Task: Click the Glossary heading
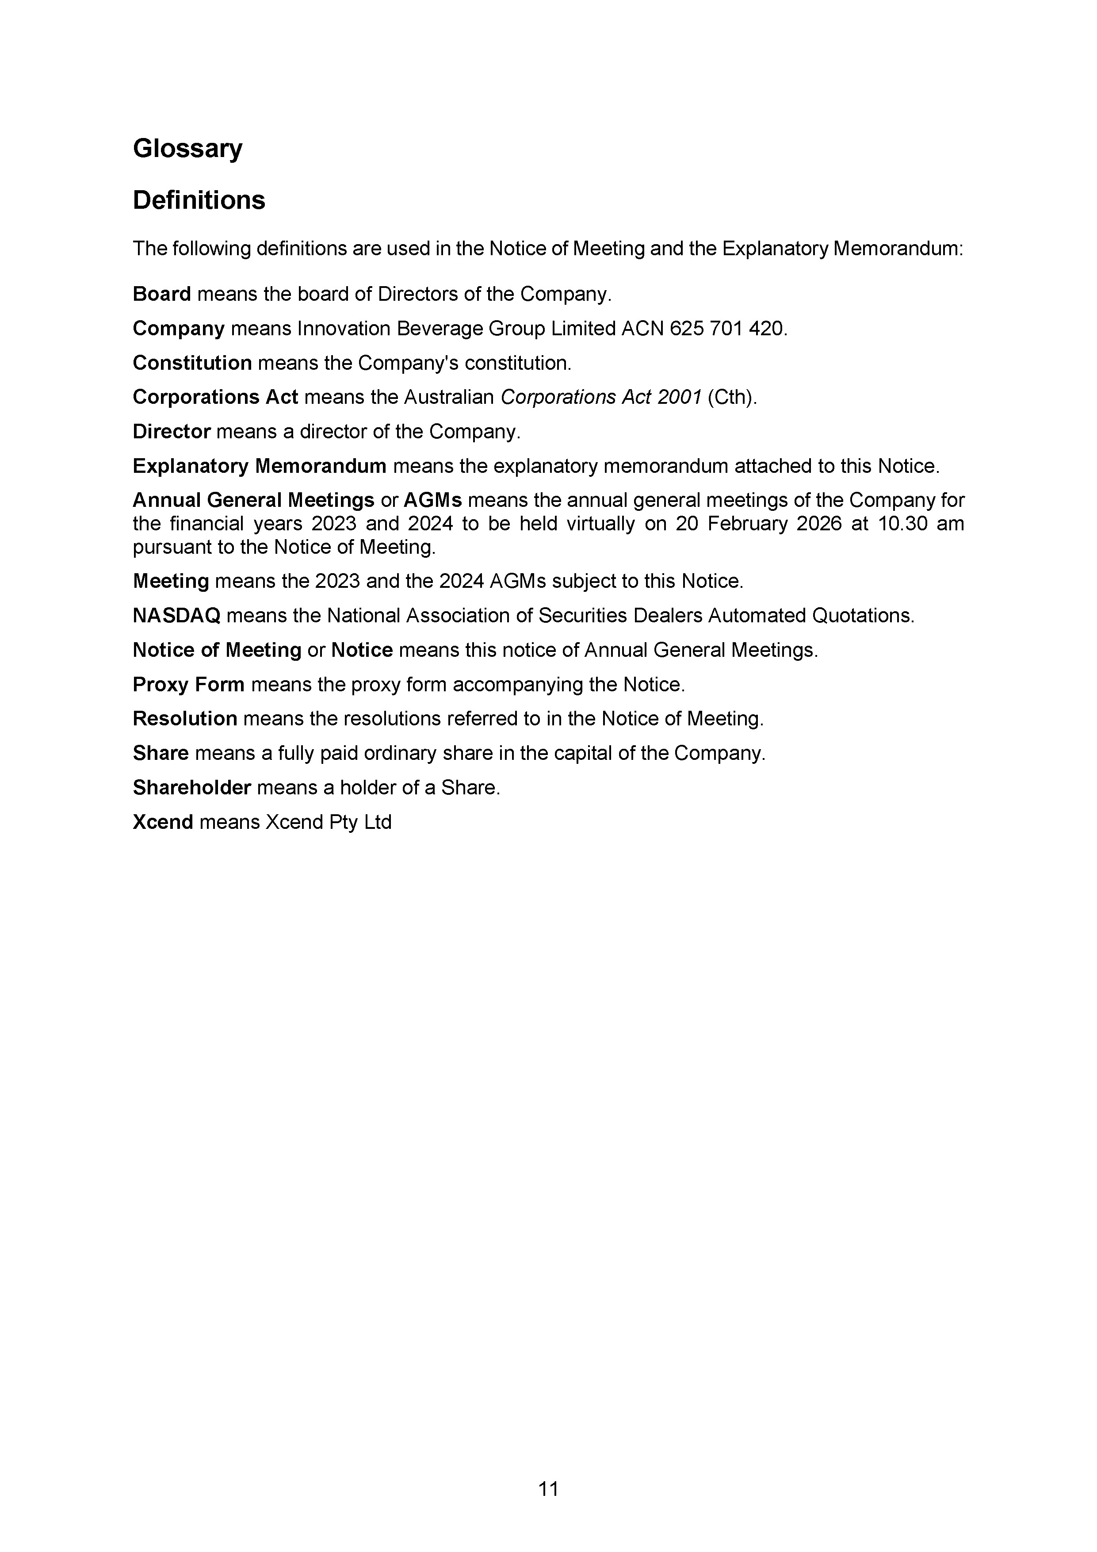(x=187, y=149)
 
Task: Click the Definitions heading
(x=199, y=200)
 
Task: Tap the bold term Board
(x=161, y=294)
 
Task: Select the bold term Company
(x=179, y=329)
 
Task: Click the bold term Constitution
(x=192, y=363)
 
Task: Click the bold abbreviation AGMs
(x=432, y=500)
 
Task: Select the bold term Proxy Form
(x=188, y=685)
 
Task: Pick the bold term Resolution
(x=184, y=719)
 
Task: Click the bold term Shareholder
(x=192, y=787)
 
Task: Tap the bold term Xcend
(x=163, y=822)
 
